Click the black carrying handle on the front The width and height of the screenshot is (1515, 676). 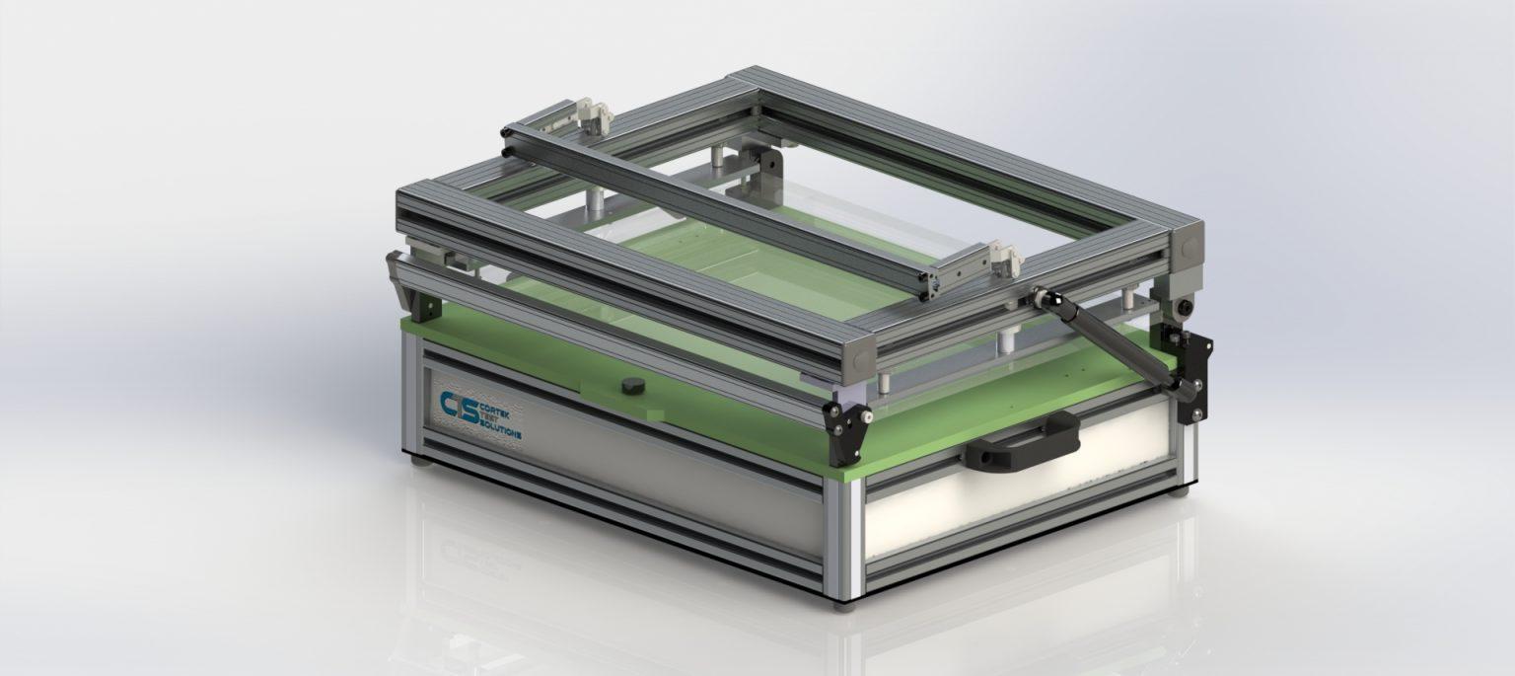(1023, 443)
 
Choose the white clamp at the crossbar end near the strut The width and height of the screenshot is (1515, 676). (1006, 259)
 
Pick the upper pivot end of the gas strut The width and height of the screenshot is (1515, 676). (1041, 292)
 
